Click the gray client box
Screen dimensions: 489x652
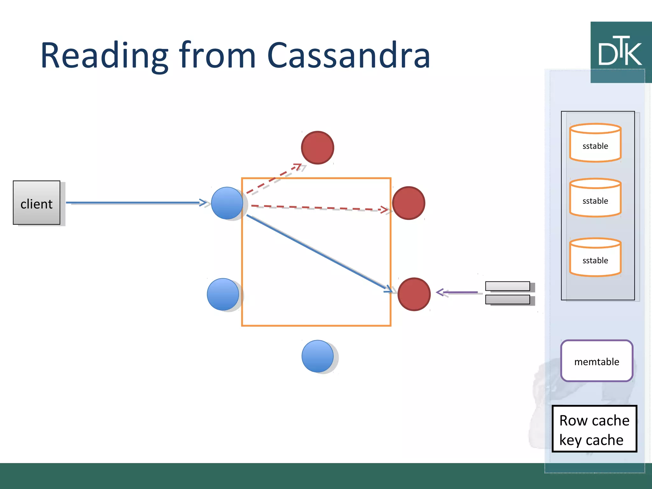coord(37,203)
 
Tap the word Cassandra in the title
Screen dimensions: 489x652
coord(348,56)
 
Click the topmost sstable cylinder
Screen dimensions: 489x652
coord(595,143)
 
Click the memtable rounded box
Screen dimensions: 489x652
coord(597,361)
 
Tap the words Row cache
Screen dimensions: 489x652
coord(594,421)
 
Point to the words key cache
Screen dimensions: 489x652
coord(591,440)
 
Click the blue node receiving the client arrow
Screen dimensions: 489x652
coord(227,203)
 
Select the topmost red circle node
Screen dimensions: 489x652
coord(317,148)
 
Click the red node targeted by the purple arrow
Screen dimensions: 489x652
coord(414,294)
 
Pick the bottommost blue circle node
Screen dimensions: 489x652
coord(317,356)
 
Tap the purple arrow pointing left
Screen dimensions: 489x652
coord(457,292)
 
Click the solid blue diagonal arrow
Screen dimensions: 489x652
coord(318,253)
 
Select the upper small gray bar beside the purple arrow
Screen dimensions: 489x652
coord(507,286)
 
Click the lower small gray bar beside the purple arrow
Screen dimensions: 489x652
coord(507,300)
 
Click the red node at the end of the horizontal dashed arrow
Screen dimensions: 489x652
coord(408,203)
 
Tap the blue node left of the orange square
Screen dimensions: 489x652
coord(223,294)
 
